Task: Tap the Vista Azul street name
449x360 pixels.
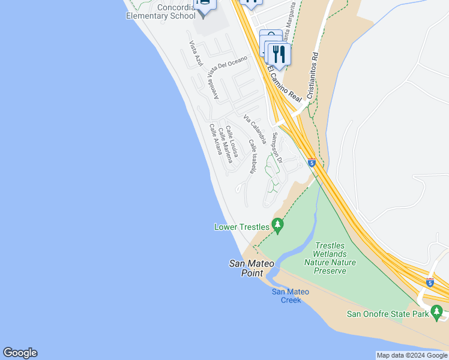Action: pos(196,53)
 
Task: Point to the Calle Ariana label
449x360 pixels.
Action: pos(215,139)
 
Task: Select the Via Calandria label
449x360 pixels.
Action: pos(255,128)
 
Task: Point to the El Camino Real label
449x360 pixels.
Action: pos(283,83)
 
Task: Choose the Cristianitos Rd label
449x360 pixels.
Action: pos(312,74)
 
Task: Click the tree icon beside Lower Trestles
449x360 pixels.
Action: pos(277,226)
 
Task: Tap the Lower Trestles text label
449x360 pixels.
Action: pos(243,227)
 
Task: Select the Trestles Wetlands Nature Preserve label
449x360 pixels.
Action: pos(330,258)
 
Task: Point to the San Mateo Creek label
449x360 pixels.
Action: pos(291,296)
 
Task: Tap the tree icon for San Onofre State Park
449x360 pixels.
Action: pos(437,312)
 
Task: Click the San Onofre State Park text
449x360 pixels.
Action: pos(388,314)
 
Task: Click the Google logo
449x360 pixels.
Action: pos(20,353)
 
